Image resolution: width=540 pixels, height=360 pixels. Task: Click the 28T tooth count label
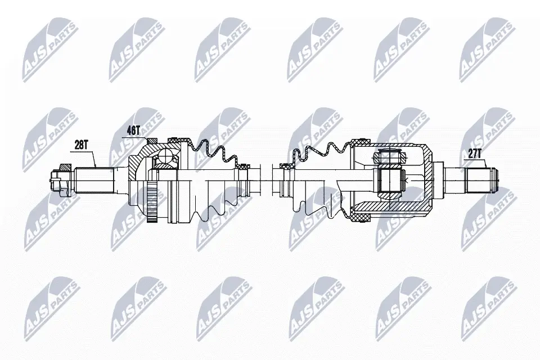click(82, 144)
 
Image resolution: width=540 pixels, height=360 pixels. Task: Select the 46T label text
click(133, 130)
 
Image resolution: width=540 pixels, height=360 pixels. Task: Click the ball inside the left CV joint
click(166, 156)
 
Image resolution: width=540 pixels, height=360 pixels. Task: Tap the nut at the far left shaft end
click(55, 180)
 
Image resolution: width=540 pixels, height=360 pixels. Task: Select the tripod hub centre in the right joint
click(390, 181)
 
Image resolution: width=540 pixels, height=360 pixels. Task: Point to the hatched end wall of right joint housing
click(430, 181)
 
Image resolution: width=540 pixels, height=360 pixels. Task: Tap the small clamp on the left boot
click(244, 166)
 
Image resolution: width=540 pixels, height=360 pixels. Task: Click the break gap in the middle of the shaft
click(268, 181)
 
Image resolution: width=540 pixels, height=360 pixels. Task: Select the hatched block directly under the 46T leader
click(150, 141)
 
